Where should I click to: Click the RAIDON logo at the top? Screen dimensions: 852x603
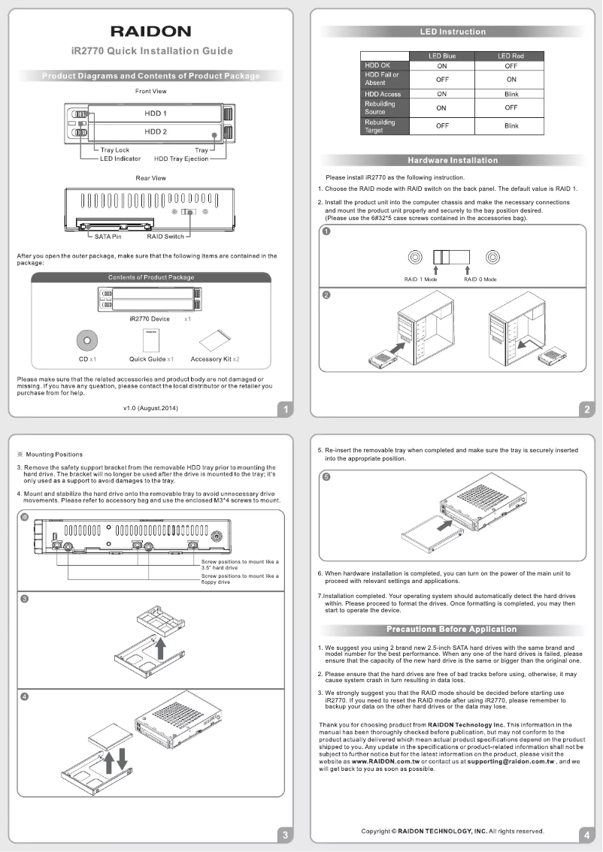(150, 31)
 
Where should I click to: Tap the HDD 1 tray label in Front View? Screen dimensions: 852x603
(155, 113)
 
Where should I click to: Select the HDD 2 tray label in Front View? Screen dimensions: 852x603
(155, 131)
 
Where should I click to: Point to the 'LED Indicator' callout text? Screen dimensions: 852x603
(120, 159)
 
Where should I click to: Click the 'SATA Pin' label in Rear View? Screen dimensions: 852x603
(108, 237)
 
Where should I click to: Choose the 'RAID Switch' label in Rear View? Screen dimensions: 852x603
(165, 237)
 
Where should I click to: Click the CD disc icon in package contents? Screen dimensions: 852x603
(88, 340)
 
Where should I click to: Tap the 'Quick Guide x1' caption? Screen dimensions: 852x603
(152, 359)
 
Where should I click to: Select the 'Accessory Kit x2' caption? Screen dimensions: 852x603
(214, 359)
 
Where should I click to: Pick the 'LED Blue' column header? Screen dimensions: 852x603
(441, 56)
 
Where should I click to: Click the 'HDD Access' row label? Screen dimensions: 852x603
(383, 94)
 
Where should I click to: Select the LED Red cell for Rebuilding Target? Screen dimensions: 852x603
(511, 126)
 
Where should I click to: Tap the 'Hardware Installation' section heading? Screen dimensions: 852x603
(452, 160)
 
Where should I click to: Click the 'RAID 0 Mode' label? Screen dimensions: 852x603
(480, 279)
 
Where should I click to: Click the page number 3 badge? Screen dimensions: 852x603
(284, 834)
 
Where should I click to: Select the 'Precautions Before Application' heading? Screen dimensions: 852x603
(451, 629)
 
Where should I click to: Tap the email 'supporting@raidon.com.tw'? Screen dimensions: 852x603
(511, 761)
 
